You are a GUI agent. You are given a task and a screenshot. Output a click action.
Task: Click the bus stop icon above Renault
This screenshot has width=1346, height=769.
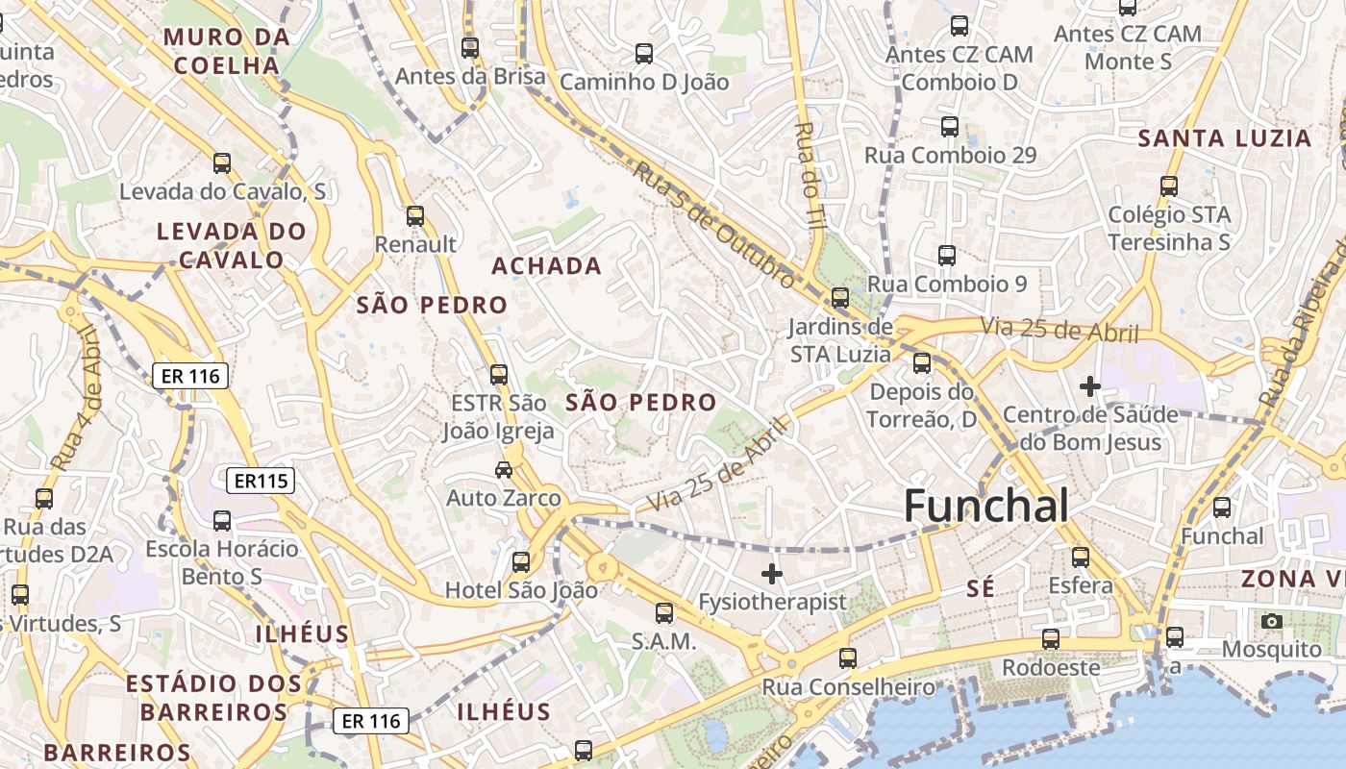414,215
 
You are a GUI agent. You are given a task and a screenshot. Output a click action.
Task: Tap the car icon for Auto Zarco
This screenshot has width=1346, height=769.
503,469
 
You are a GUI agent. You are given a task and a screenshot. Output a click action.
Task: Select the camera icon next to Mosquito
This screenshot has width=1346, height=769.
1272,621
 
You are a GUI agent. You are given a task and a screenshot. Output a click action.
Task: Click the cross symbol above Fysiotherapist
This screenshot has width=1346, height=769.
771,574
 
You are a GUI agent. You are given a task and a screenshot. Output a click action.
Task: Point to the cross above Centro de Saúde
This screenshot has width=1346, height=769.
1089,386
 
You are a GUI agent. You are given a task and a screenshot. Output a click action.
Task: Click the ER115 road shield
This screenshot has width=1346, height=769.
260,481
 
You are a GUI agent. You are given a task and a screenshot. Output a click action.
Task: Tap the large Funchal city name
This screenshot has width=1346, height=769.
986,506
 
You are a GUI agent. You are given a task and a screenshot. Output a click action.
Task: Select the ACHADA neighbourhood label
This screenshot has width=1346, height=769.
546,266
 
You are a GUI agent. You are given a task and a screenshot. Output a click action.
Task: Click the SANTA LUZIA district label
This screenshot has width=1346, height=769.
1225,138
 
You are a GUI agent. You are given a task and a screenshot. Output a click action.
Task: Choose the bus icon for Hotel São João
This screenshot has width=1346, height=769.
520,561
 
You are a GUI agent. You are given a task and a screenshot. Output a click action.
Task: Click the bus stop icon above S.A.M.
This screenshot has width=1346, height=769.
663,612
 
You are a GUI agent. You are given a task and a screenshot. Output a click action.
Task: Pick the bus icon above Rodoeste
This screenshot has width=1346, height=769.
1051,638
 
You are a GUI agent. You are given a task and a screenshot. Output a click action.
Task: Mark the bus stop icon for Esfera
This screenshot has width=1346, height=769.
1080,557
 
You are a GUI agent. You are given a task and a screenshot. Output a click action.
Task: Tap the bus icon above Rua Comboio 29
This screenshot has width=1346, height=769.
950,126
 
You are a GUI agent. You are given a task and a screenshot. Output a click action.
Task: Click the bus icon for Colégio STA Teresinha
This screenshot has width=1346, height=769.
1169,186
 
